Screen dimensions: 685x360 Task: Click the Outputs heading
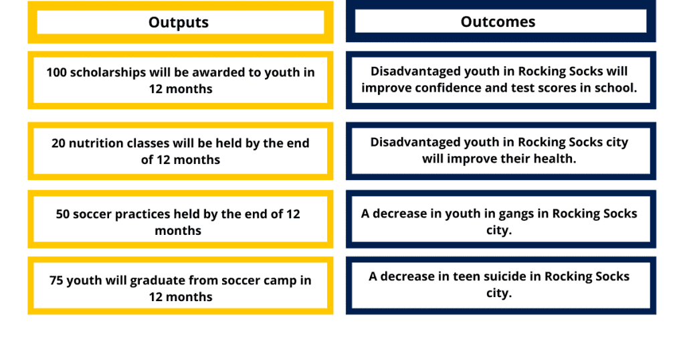(178, 22)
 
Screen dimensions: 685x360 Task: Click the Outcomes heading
(498, 22)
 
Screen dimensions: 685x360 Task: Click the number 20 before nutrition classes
(59, 143)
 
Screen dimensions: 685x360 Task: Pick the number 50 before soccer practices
(63, 214)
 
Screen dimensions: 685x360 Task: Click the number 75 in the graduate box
(56, 280)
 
